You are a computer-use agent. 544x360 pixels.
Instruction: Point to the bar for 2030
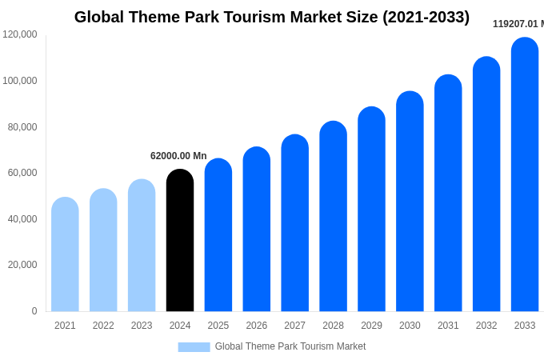(x=410, y=202)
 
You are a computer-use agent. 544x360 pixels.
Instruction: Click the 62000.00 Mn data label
(x=178, y=156)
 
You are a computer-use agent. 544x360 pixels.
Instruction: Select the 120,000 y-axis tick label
(x=19, y=34)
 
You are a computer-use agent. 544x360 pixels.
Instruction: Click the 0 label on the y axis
(x=34, y=311)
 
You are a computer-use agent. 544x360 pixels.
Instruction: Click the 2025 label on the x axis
(x=218, y=326)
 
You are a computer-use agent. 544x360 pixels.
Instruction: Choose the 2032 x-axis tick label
(x=486, y=326)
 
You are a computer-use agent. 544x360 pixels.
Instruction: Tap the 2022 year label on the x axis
(x=103, y=326)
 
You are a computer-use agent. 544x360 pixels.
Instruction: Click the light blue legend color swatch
(x=194, y=347)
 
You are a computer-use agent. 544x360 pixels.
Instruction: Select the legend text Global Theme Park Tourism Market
(x=290, y=346)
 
